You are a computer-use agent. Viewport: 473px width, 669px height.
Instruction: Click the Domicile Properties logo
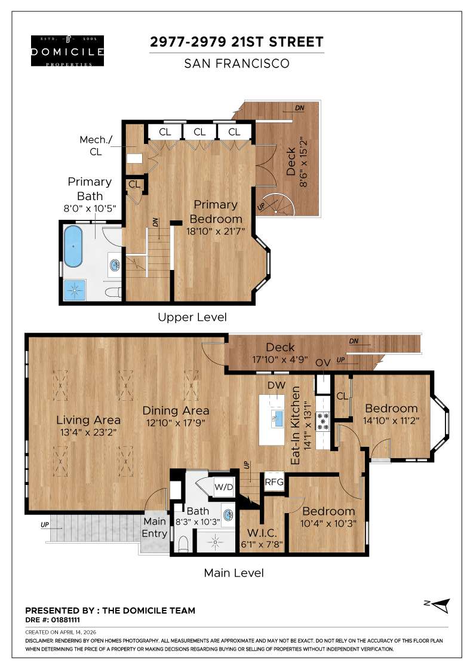click(67, 51)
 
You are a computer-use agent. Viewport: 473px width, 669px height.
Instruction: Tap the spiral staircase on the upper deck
click(278, 205)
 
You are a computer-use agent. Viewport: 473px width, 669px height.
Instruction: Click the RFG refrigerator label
click(274, 482)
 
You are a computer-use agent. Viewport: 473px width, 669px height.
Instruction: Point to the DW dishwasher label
click(276, 386)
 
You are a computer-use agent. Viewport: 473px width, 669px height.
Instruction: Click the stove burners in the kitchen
click(322, 421)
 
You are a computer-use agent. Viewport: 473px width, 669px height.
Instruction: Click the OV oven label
click(323, 379)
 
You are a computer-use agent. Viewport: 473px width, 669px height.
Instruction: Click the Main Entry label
click(154, 527)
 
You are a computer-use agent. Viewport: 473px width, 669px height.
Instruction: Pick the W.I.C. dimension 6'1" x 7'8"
click(261, 545)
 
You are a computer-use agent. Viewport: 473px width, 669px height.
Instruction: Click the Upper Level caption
click(192, 317)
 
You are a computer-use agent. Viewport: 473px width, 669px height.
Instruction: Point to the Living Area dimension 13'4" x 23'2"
click(88, 433)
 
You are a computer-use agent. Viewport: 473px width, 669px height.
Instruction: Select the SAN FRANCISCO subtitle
click(236, 63)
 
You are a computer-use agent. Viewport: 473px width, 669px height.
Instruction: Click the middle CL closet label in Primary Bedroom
click(199, 131)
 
